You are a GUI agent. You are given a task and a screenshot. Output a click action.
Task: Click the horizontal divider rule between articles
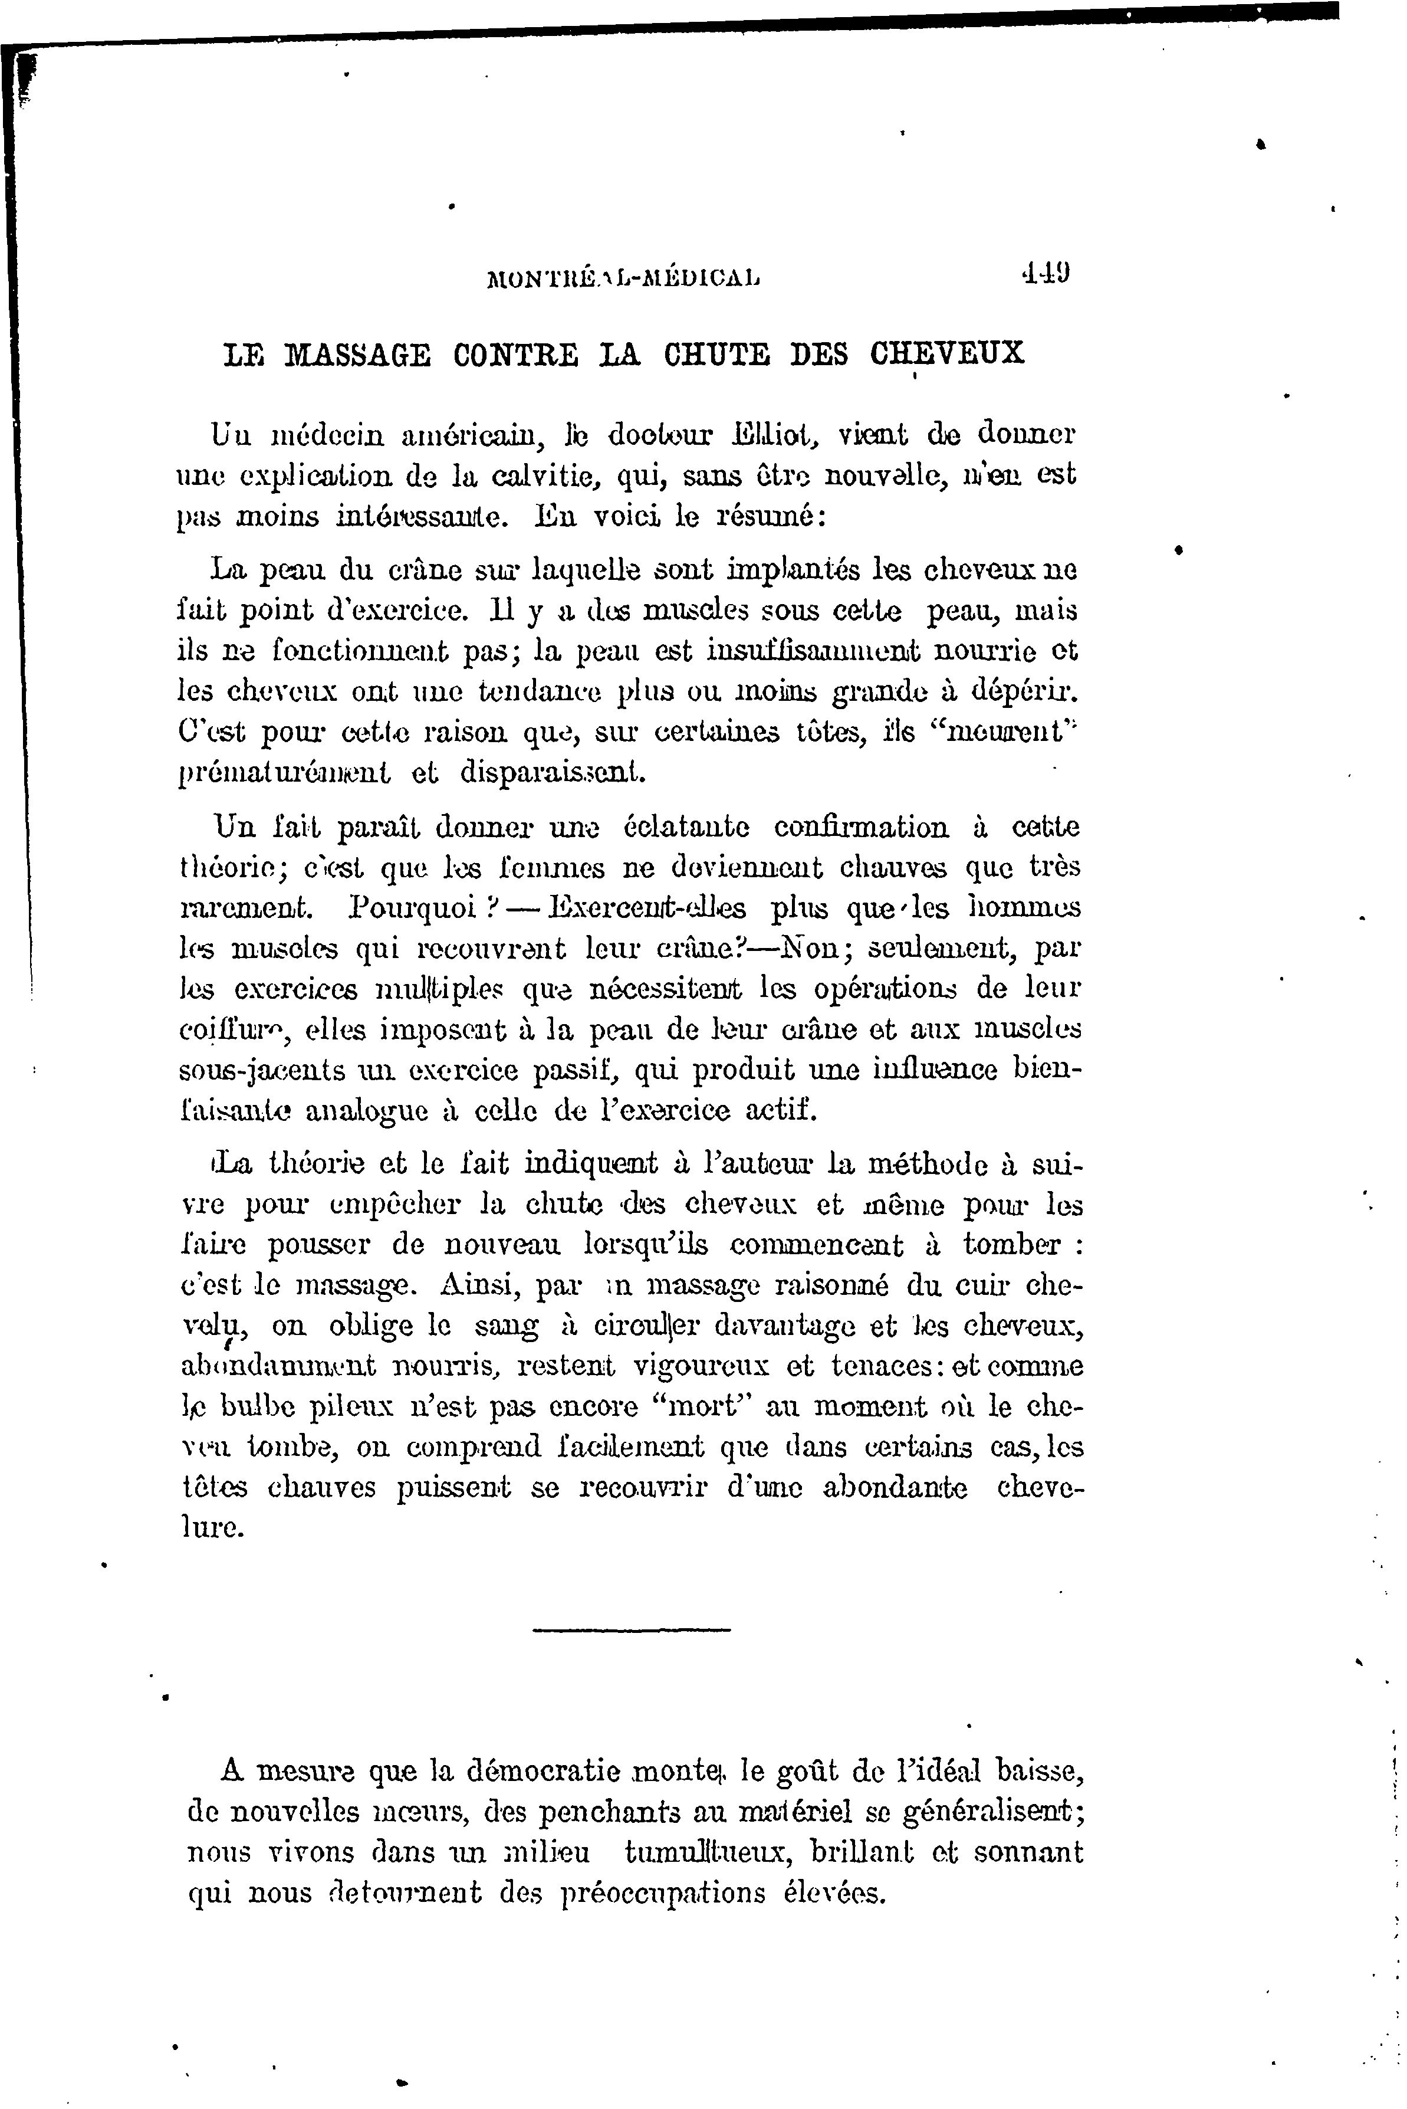[632, 1628]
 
